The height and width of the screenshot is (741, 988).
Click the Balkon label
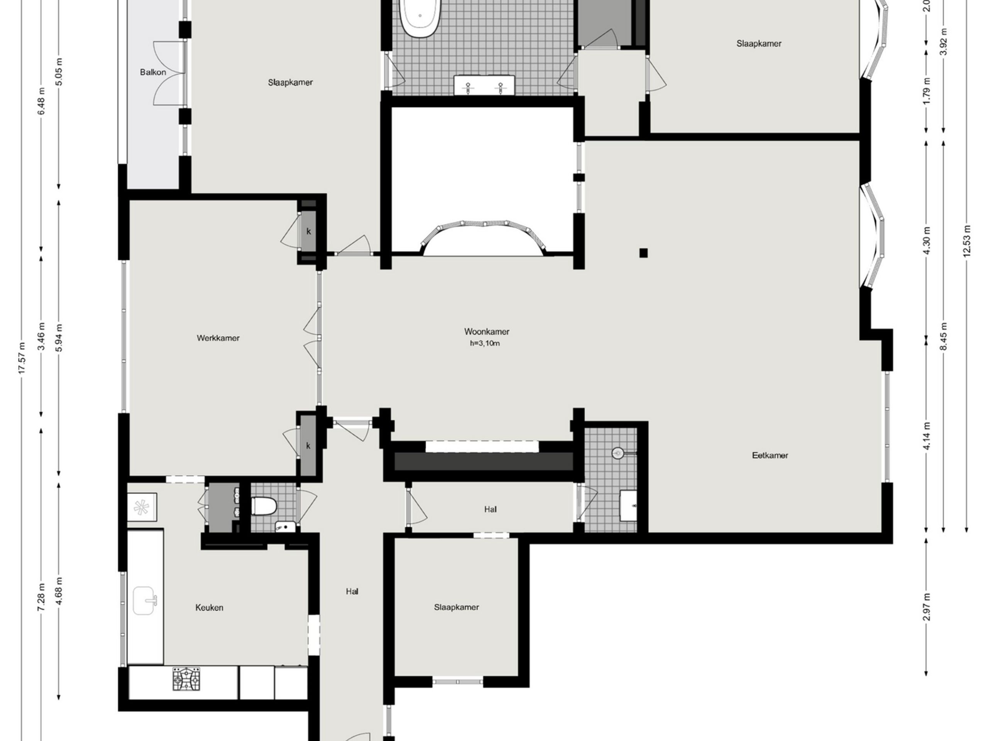click(153, 72)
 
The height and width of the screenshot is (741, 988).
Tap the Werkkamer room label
click(218, 338)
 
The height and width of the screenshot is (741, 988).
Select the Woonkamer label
click(486, 332)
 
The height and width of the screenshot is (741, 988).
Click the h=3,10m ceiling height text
click(485, 343)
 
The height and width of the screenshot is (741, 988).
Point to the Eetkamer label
click(770, 455)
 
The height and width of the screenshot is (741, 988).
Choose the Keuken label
click(209, 607)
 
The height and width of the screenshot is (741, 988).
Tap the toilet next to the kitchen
click(264, 506)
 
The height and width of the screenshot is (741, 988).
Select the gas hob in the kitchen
click(187, 679)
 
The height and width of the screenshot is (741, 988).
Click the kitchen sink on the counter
click(145, 601)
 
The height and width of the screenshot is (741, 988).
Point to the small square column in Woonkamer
click(643, 253)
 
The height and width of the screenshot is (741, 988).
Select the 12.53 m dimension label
click(967, 240)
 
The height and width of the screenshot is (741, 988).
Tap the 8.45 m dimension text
click(943, 336)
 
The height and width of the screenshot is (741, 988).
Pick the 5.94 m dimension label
click(59, 337)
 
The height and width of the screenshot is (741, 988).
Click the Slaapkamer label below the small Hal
click(456, 607)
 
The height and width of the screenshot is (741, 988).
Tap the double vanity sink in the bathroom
click(484, 85)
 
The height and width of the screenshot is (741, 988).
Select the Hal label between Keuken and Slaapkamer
click(352, 591)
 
